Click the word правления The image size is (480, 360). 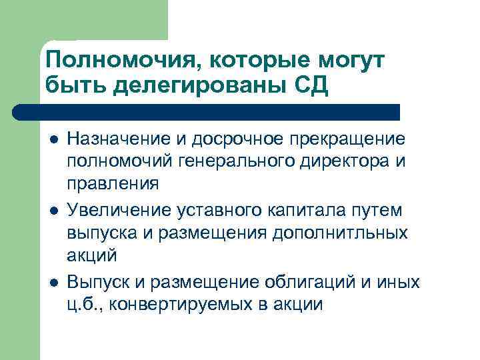pyautogui.click(x=113, y=182)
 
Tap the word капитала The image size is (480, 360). pyautogui.click(x=302, y=211)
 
